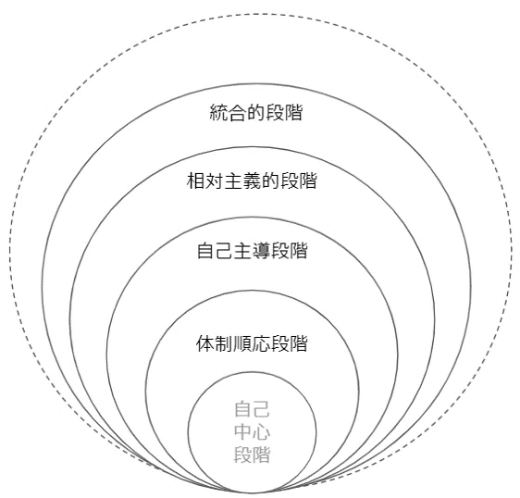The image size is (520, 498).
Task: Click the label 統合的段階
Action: [x=256, y=113]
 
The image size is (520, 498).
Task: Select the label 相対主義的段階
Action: [x=252, y=181]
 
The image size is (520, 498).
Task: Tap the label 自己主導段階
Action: [x=252, y=251]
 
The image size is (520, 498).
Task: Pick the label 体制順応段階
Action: [x=252, y=343]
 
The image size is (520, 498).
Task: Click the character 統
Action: [x=218, y=113]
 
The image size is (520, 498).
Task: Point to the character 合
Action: [x=237, y=113]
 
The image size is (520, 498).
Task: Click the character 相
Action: [x=195, y=181]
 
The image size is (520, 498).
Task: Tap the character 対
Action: [x=215, y=181]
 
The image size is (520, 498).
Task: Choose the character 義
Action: [x=252, y=181]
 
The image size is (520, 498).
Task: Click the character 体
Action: [x=205, y=343]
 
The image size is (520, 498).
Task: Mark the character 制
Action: [x=224, y=343]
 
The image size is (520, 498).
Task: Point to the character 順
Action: [x=242, y=343]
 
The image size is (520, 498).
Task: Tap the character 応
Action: [x=261, y=343]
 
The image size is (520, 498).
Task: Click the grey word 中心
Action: [x=252, y=432]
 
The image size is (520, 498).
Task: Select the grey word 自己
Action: [x=252, y=409]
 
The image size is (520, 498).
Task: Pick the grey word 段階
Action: [x=252, y=454]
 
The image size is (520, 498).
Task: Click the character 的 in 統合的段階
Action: [x=255, y=113]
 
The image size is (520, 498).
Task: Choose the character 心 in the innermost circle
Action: [x=261, y=432]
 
